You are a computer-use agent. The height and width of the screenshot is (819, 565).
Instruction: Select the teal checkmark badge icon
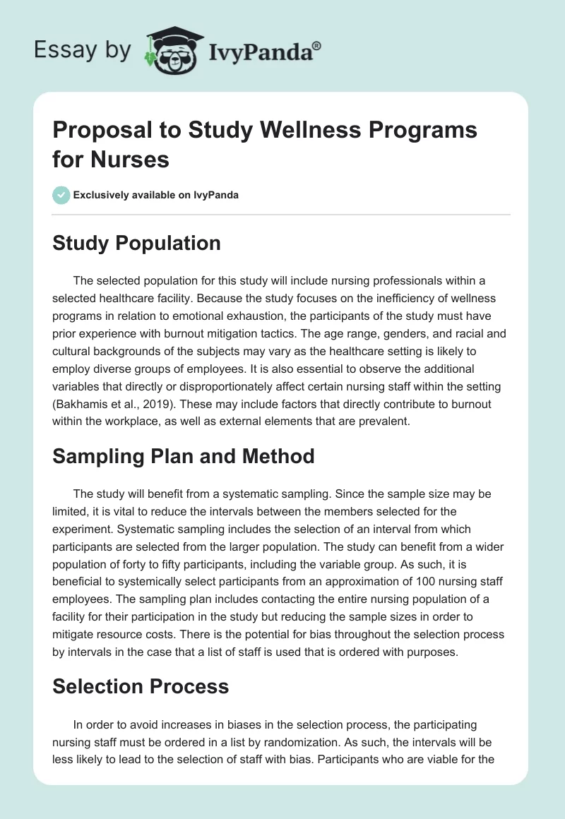click(61, 195)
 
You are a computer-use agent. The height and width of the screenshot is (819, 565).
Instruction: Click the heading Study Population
click(136, 243)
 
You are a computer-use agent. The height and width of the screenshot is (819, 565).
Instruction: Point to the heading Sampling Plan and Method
click(184, 457)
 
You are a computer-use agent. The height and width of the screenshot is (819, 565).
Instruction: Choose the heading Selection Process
click(141, 686)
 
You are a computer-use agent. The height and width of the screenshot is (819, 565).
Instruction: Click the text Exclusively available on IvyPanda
click(155, 195)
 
